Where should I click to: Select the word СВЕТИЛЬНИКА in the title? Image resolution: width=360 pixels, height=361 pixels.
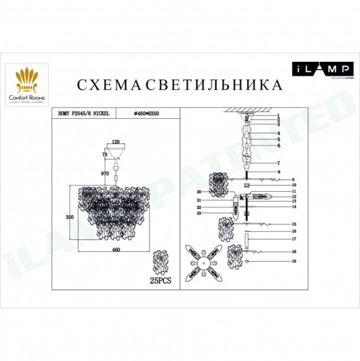[x=215, y=85]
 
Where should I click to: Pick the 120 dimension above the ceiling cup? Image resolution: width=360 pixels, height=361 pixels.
[x=115, y=142]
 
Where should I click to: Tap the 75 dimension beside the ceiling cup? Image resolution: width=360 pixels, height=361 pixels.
[x=104, y=156]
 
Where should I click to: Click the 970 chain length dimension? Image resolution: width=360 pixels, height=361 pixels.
[x=104, y=175]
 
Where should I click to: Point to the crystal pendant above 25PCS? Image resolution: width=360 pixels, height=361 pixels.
[x=163, y=262]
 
